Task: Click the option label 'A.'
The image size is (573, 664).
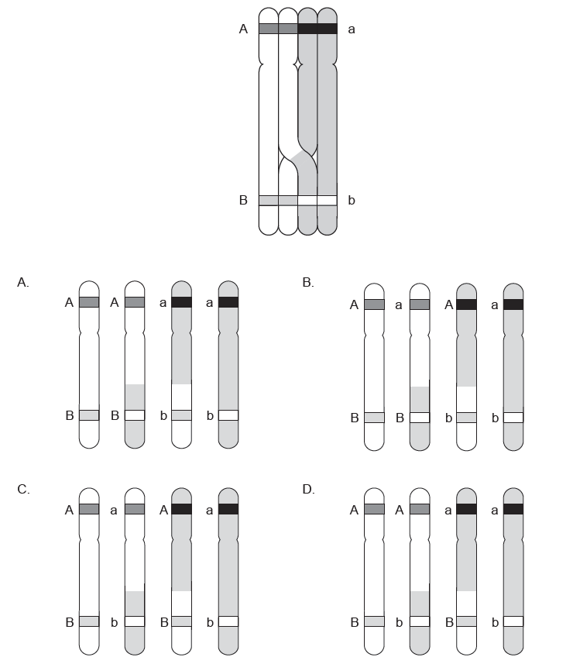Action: click(x=23, y=283)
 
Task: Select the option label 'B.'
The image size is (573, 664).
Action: click(x=308, y=283)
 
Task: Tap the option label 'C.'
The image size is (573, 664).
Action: click(x=23, y=489)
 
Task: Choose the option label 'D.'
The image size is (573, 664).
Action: click(x=308, y=489)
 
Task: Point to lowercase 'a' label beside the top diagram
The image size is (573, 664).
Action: click(x=352, y=29)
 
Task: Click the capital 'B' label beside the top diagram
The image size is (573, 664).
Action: click(x=243, y=200)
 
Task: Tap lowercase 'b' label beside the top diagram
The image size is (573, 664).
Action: click(x=352, y=200)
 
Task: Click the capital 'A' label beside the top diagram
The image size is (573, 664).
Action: click(x=243, y=29)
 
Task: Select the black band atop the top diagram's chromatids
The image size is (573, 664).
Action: click(x=317, y=29)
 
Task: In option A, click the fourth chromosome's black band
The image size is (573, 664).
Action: click(x=228, y=302)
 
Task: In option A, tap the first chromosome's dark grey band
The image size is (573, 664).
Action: click(x=89, y=302)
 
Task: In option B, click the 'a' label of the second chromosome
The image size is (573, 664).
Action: click(x=399, y=304)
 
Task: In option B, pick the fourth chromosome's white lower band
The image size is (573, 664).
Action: click(x=513, y=418)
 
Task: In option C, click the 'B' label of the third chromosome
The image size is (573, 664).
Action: click(x=163, y=621)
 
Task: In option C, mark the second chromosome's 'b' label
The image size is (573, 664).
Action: click(x=114, y=621)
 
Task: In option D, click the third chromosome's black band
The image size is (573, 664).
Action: click(x=467, y=509)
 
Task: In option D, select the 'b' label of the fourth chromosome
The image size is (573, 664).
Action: click(x=495, y=621)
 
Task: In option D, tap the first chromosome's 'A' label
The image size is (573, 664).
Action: click(x=354, y=509)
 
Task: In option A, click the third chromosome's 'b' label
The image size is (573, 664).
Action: click(x=163, y=415)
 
